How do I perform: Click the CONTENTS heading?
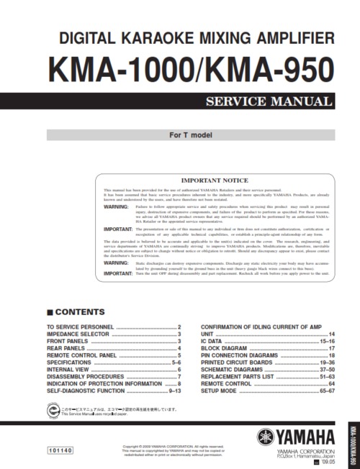pos(76,311)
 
